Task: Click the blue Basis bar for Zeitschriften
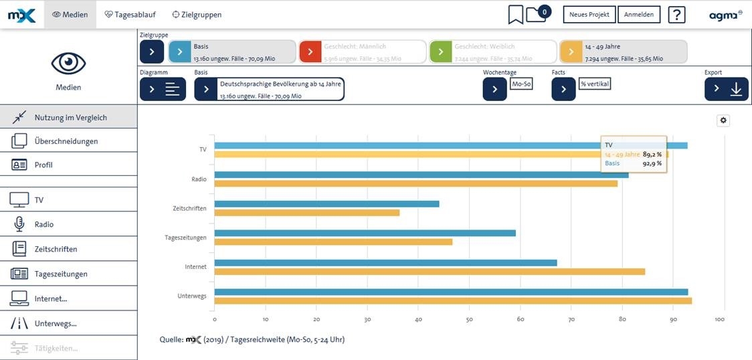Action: point(326,203)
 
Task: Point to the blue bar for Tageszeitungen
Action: point(365,233)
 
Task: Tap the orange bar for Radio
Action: point(415,183)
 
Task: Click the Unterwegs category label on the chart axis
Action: point(192,296)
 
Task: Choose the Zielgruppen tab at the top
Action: point(197,14)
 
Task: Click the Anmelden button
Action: point(639,14)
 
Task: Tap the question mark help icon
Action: point(676,14)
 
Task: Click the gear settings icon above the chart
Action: point(723,120)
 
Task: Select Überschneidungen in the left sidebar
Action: point(66,141)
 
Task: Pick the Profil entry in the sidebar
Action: point(43,165)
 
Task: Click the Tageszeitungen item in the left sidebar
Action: point(61,274)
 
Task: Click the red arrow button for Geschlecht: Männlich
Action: point(310,52)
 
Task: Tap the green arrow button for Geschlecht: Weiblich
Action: point(441,52)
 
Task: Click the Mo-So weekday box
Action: point(521,84)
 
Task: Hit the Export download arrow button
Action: point(727,89)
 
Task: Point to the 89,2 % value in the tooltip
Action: point(652,154)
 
